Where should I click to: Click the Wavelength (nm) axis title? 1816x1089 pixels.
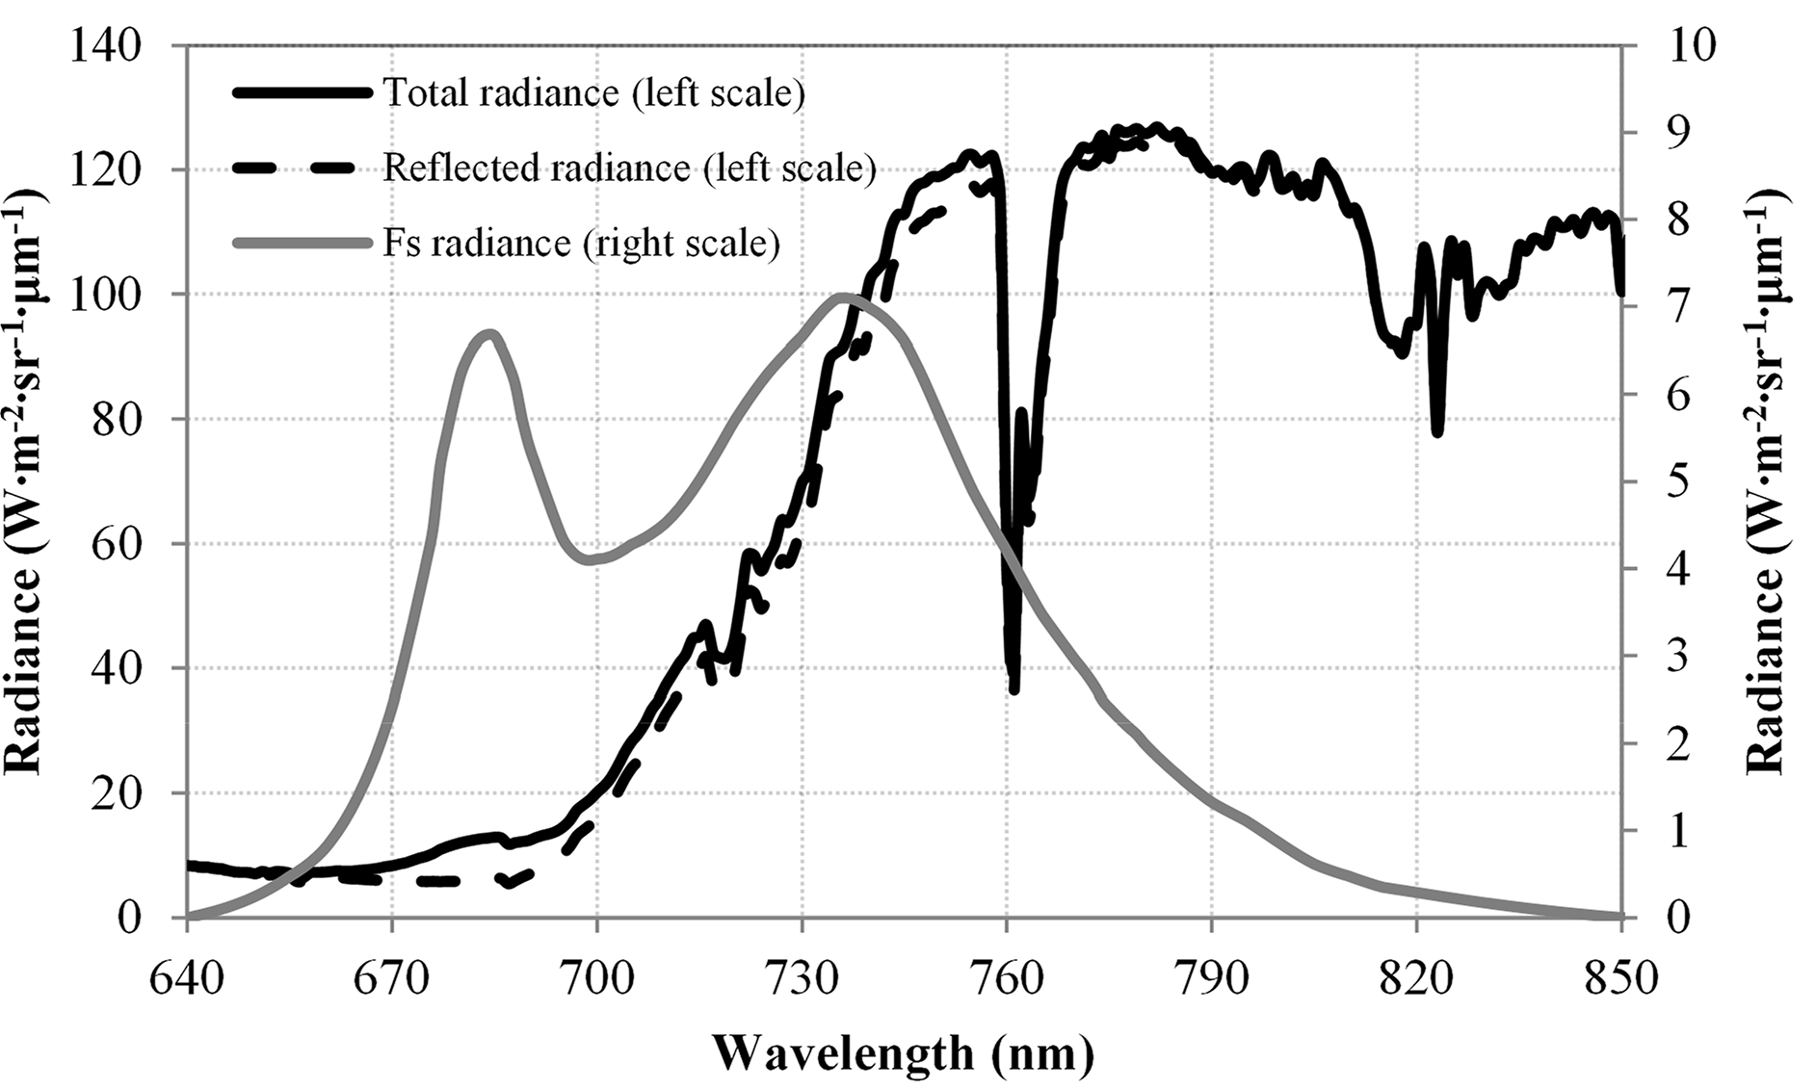tap(904, 1054)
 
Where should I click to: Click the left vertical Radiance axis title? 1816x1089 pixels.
tap(29, 481)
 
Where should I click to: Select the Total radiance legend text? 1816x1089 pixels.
tap(593, 93)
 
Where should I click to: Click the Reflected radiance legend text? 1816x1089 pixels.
tap(628, 168)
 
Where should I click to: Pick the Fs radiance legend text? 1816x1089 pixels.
tap(581, 243)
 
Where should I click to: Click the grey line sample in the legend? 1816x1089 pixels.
tap(302, 244)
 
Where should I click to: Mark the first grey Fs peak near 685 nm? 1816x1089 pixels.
tap(490, 333)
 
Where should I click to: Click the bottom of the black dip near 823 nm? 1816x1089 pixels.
tap(1437, 433)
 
